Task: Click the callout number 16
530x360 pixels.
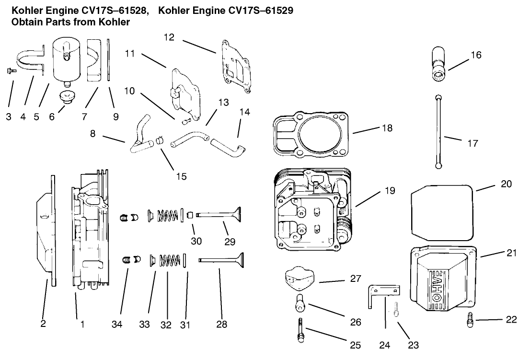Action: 475,56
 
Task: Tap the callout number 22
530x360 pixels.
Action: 511,320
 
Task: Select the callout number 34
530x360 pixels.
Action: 117,325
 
